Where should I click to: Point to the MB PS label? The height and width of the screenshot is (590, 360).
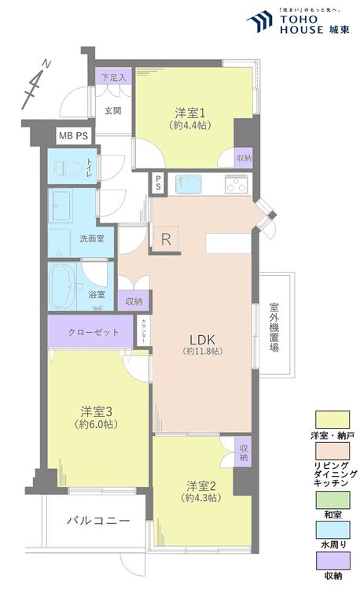point(74,135)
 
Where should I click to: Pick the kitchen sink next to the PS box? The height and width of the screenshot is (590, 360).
point(189,185)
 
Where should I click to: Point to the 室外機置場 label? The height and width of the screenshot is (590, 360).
point(274,328)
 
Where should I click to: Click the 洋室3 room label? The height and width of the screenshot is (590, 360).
point(97,411)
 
